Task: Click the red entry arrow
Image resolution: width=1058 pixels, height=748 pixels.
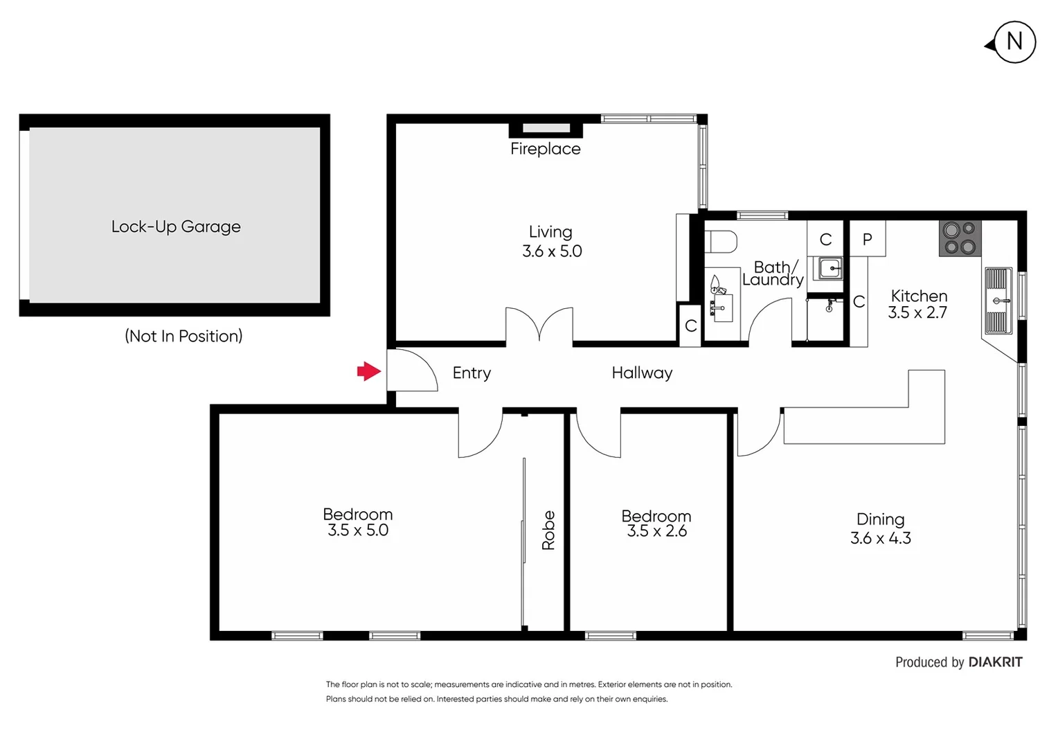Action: coord(369,372)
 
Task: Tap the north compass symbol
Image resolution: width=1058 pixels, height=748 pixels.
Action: coord(1014,42)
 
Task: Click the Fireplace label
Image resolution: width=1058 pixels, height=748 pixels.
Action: coord(545,149)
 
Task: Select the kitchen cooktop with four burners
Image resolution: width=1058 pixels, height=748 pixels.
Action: coord(960,238)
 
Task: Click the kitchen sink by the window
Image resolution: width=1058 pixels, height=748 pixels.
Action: coord(998,301)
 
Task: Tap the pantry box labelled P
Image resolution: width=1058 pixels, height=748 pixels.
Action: coord(867,240)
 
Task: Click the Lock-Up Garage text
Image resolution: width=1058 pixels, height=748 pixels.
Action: coord(176,226)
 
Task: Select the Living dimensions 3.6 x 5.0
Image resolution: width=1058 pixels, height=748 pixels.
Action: coord(552,251)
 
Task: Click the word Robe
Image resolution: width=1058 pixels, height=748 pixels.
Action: coord(548,531)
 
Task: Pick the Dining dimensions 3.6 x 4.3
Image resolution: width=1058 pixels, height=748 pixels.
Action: coord(880,538)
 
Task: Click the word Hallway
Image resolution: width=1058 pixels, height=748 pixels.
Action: coord(642,373)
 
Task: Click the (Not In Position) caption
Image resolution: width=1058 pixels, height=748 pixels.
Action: coord(183,336)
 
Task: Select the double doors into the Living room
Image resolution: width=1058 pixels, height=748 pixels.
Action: coord(539,326)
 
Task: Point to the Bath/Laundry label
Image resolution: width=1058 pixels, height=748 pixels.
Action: coord(773,274)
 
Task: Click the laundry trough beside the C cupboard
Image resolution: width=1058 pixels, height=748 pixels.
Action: coord(829,268)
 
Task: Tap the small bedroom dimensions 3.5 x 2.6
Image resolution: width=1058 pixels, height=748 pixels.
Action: coord(656,531)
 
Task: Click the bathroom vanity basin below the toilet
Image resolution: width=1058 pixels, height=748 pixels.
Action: coord(720,305)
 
